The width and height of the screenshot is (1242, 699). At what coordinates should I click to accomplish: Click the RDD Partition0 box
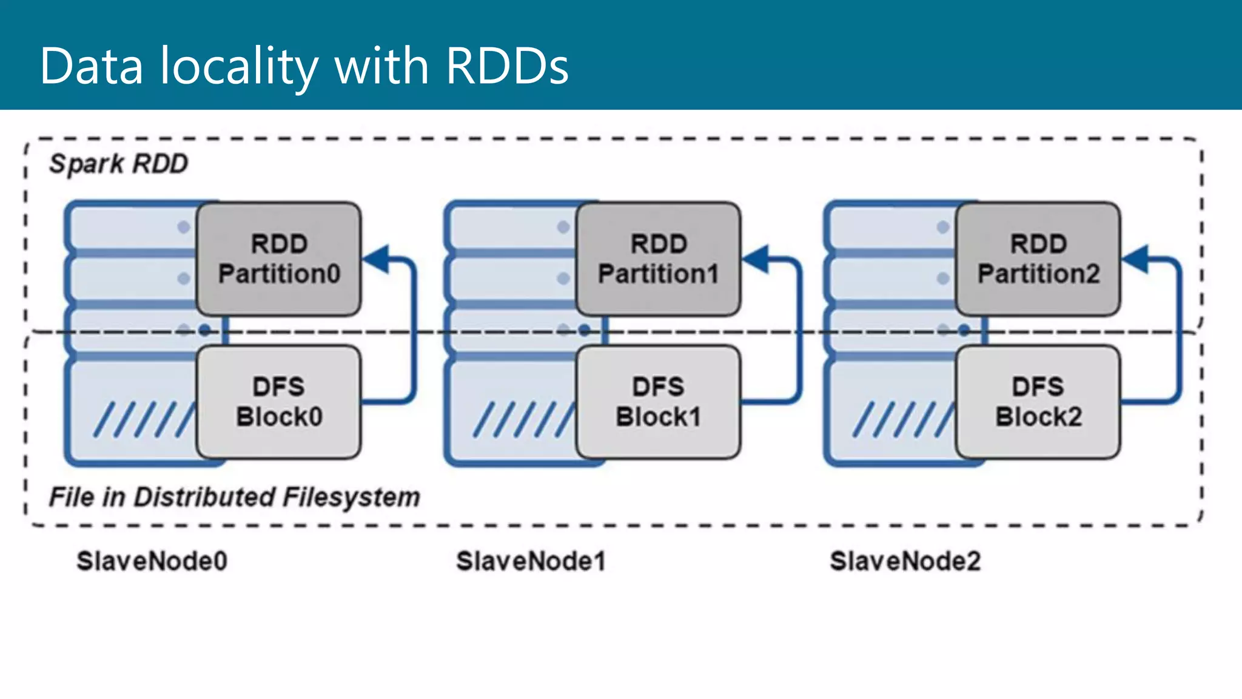coord(279,259)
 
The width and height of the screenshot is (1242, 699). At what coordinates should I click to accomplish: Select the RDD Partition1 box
coord(659,259)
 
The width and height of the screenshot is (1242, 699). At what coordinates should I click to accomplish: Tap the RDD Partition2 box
coord(1038,259)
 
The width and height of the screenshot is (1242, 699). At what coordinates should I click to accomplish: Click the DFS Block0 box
coord(279,402)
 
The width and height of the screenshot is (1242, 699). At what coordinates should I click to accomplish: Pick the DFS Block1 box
coord(659,402)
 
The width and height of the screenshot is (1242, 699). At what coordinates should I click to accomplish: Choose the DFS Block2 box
coord(1038,402)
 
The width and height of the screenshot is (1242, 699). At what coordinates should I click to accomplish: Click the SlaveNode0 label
coord(152,561)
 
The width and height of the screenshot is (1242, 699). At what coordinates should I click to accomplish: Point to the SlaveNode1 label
coord(531,561)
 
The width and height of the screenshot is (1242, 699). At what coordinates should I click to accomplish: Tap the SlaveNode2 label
coord(905,561)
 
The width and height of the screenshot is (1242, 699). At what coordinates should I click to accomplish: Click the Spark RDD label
coord(119,164)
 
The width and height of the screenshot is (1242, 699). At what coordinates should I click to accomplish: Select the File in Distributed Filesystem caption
coord(234,497)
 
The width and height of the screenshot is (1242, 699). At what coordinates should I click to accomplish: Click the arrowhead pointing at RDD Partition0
coord(377,259)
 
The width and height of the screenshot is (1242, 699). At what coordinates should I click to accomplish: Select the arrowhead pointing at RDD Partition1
coord(757,259)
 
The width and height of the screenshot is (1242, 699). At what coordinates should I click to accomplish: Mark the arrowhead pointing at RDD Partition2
coord(1136,259)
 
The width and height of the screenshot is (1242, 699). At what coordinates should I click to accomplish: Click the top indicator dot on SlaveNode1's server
coord(563,227)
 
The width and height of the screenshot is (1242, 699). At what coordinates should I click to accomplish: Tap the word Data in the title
coord(91,66)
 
